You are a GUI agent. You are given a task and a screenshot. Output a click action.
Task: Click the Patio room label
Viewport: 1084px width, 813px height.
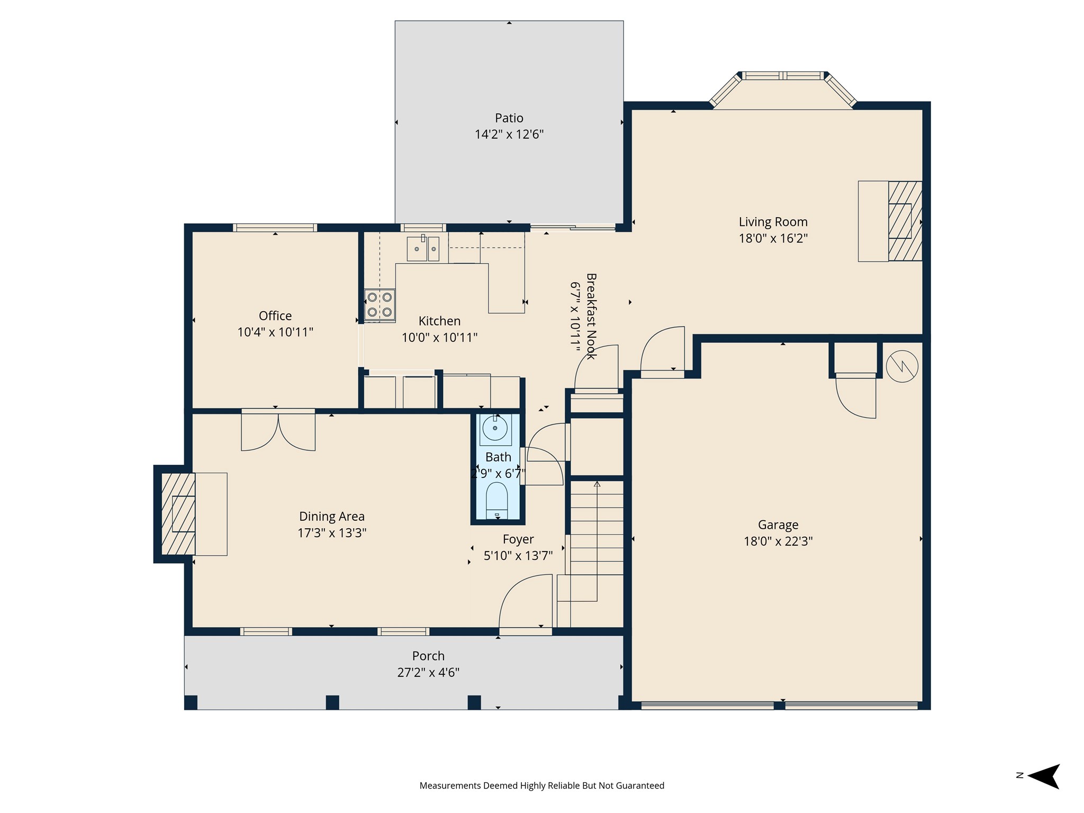(x=509, y=118)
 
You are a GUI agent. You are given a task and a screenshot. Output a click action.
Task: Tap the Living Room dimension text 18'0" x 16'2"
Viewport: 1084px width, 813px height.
(x=773, y=238)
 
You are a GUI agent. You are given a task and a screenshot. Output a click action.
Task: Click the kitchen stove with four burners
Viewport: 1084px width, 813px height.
(x=380, y=305)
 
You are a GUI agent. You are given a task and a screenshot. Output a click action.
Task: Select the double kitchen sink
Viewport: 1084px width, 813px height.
(x=423, y=249)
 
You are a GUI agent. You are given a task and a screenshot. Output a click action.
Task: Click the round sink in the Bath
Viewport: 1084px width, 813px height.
(x=495, y=428)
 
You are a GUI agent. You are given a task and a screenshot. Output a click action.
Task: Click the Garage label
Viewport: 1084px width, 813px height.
(x=778, y=525)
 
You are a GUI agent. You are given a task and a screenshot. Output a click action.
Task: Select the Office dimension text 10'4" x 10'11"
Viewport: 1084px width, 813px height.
(x=275, y=332)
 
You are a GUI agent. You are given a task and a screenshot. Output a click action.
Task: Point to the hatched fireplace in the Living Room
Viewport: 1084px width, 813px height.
(x=905, y=221)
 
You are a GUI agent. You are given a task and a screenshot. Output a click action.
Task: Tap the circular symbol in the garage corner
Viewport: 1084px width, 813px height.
(x=902, y=366)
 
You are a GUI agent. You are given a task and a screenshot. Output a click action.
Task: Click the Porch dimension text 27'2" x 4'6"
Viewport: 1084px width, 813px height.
(x=428, y=673)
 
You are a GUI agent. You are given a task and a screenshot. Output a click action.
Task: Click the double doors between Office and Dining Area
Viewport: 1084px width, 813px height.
(x=278, y=430)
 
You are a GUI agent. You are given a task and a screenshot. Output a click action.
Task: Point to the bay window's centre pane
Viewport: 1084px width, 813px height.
(x=783, y=76)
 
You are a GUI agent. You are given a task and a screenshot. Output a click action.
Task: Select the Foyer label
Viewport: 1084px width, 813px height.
(x=518, y=539)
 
